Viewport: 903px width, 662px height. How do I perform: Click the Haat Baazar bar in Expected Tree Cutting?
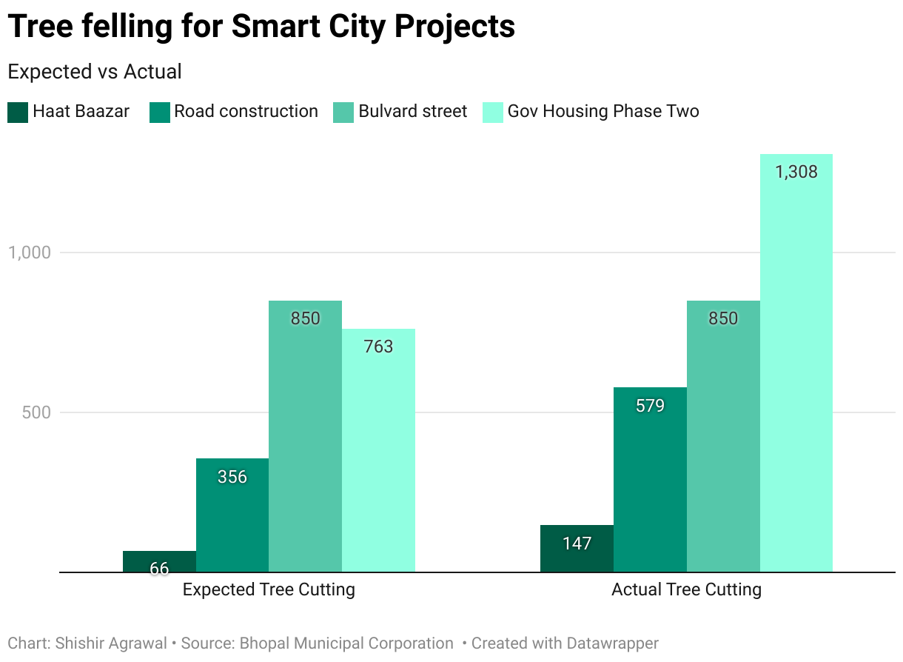(159, 562)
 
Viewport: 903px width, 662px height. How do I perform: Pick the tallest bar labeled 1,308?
(796, 363)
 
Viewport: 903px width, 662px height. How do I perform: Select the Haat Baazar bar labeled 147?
(577, 549)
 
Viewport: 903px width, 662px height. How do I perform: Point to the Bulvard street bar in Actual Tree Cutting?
(723, 436)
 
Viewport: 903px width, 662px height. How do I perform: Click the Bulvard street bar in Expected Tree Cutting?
(305, 436)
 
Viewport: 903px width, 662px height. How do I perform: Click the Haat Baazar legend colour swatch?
(18, 113)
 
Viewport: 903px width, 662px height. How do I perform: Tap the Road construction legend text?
(246, 112)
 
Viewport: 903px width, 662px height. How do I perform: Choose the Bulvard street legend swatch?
(343, 113)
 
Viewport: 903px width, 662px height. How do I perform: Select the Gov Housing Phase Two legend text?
(602, 112)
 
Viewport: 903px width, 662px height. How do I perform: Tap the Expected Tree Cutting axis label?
(269, 590)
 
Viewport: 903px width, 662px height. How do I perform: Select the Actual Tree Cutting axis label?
(686, 590)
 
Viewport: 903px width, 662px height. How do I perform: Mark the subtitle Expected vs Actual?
(94, 72)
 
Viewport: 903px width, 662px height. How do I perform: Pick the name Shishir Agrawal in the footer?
(111, 643)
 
